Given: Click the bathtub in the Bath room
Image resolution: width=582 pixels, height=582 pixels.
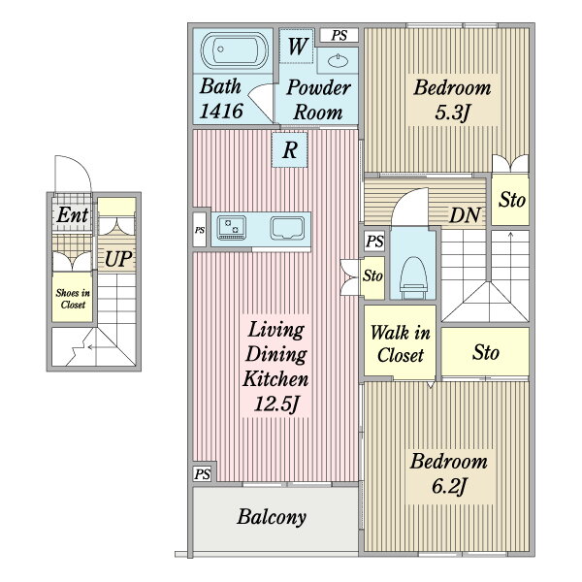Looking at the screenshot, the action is [x=234, y=50].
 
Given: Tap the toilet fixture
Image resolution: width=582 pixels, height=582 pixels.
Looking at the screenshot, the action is [x=414, y=277].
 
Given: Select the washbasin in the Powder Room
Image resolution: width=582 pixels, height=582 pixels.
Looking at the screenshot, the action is [x=339, y=60].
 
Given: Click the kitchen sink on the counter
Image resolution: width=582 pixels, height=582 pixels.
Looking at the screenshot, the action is [x=288, y=228].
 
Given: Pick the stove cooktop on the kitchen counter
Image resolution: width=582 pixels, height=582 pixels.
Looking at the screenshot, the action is [x=232, y=227].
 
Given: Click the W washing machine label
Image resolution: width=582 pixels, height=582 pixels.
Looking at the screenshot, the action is [x=297, y=47].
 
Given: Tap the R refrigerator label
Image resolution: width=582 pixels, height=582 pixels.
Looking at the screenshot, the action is [x=290, y=150].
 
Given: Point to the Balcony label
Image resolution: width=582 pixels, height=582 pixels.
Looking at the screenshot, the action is [x=272, y=517].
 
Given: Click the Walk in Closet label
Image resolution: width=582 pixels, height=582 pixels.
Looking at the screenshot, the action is [x=400, y=343].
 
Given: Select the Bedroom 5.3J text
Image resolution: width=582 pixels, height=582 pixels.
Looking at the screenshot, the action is [x=452, y=100].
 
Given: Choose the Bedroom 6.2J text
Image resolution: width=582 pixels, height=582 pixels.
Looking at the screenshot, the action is [x=448, y=473].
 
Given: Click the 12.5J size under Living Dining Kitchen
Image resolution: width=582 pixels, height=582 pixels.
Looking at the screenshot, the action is [x=276, y=404].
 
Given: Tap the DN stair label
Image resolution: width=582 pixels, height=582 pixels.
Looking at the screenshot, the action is [x=465, y=215].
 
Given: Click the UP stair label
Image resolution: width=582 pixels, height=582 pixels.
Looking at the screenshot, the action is [x=118, y=259].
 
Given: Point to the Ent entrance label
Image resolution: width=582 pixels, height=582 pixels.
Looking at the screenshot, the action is [x=73, y=214].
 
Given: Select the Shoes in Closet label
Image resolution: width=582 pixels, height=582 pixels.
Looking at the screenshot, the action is [x=73, y=299].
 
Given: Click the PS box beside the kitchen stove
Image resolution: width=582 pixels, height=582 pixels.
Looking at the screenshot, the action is [x=200, y=230].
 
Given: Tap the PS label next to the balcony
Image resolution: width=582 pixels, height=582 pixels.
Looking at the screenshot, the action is [x=203, y=474].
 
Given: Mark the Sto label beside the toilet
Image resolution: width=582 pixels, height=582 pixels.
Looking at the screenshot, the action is [x=372, y=275].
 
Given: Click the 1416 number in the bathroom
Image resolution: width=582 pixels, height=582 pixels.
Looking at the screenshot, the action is [x=221, y=111].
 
